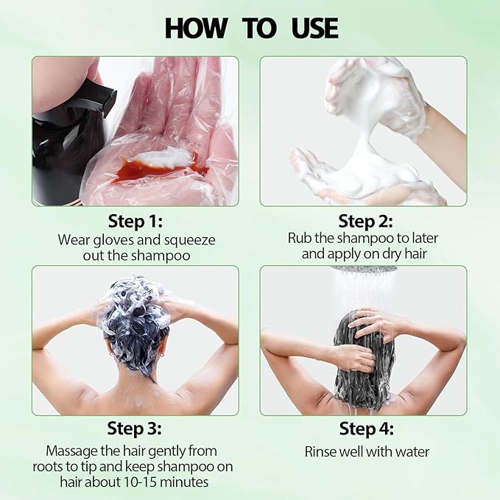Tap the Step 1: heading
click(x=135, y=221)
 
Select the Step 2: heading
click(x=365, y=221)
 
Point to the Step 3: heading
click(x=135, y=429)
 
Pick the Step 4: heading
click(x=366, y=429)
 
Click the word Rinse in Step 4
click(x=322, y=451)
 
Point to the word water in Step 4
click(x=412, y=451)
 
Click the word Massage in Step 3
click(x=71, y=450)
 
